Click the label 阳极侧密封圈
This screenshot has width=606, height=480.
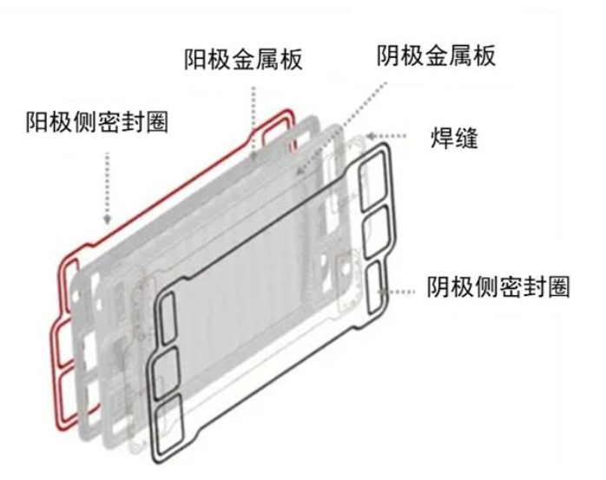pyautogui.click(x=96, y=122)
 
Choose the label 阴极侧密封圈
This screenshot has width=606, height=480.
pyautogui.click(x=498, y=287)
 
